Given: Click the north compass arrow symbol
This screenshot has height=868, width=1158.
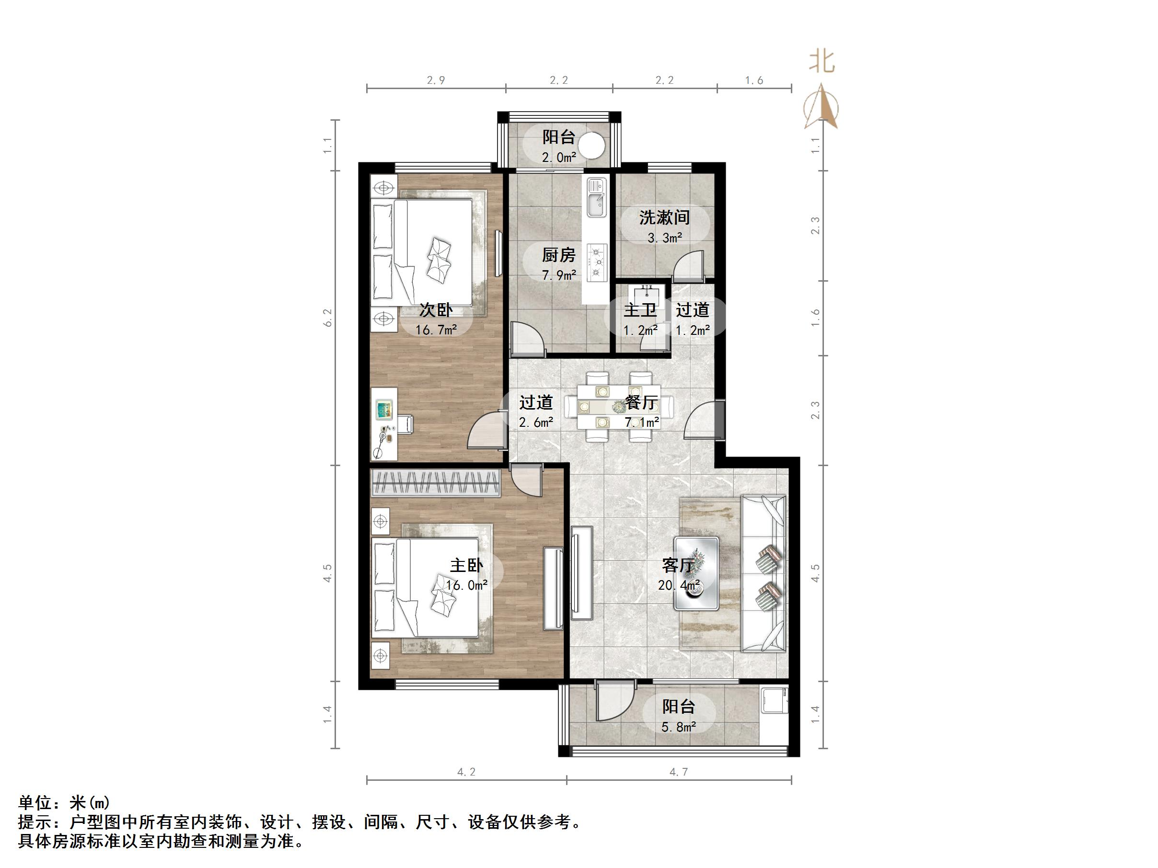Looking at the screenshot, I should pos(821,106).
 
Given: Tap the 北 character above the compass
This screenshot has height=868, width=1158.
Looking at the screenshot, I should pos(822,62).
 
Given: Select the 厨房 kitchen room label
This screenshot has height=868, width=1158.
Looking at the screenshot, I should pos(558,255).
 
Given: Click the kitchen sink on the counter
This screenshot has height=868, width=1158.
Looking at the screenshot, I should pos(596,197).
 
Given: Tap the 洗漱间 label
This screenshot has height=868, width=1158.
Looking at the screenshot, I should pos(664,217).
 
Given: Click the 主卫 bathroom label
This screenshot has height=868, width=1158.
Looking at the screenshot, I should pos(640,310).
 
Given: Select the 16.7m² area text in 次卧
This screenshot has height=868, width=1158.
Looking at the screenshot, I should pos(436,330).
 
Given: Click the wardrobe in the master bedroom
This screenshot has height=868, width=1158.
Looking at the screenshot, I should pos(436,483).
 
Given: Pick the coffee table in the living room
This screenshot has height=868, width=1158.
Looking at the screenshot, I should pos(696,573).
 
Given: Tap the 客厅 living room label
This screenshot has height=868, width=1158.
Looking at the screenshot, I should pos(679,566).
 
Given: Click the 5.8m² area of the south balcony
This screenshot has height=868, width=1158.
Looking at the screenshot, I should pos(679,727).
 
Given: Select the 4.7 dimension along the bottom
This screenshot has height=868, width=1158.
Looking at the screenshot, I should pos(679,772).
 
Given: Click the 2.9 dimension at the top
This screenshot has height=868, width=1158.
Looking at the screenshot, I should pos(436,80).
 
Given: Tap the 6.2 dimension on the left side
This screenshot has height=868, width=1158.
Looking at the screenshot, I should pos(328,318).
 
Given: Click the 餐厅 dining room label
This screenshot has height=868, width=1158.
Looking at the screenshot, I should pos(641,402).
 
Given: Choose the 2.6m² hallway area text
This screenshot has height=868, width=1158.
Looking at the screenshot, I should pos(535,422).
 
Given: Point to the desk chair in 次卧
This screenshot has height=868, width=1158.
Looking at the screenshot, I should pos(405,424).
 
